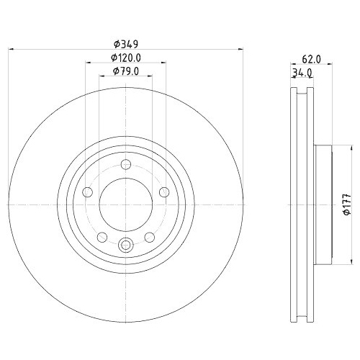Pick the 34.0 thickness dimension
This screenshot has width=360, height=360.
pos(302,73)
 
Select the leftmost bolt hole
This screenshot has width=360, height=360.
pos(87,192)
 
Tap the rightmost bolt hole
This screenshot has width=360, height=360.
pos(163,192)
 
